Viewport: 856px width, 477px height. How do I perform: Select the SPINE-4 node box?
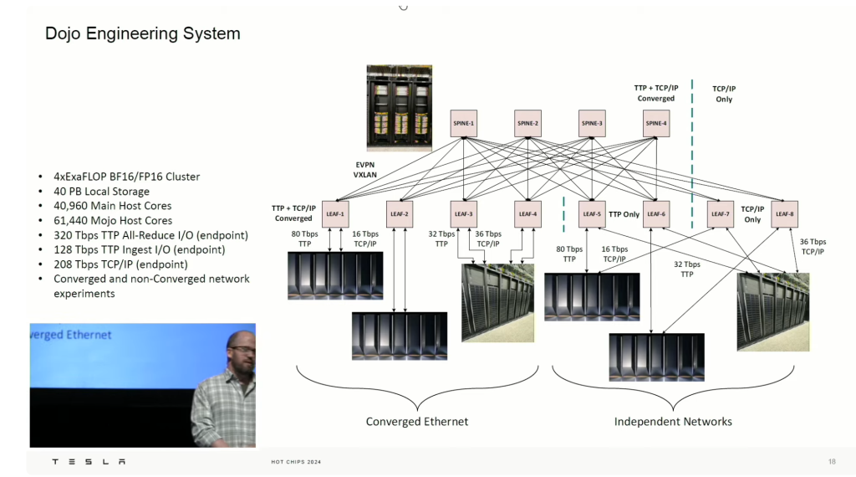(x=655, y=124)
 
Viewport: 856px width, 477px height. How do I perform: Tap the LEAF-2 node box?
(x=400, y=214)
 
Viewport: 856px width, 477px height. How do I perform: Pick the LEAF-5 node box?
(x=591, y=214)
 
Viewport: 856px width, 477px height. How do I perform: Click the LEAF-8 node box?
(x=784, y=214)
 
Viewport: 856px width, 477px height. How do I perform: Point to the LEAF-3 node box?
(x=463, y=214)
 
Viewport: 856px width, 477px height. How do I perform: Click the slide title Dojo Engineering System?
(x=142, y=34)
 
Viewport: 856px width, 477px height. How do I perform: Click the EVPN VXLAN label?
(x=365, y=171)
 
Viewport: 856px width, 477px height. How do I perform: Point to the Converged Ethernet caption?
(x=417, y=422)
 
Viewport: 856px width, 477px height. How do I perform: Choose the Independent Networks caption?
(x=673, y=422)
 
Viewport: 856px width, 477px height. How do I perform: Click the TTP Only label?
(x=624, y=214)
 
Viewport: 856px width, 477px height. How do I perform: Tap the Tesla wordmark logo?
(x=89, y=461)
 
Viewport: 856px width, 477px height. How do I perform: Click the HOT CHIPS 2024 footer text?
(x=296, y=462)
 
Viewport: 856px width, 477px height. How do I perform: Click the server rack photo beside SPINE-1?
(x=398, y=108)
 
